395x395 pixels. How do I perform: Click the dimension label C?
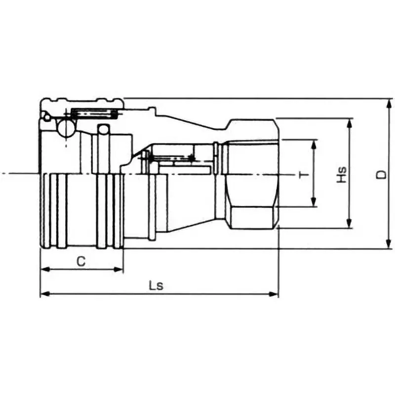(x=82, y=262)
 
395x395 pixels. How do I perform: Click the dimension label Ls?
(x=156, y=286)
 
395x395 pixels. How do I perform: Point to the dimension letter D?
(x=381, y=174)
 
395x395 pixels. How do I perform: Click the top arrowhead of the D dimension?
(x=389, y=102)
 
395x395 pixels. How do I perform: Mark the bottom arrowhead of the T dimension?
(x=314, y=203)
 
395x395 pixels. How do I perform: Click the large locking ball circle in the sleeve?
(x=65, y=127)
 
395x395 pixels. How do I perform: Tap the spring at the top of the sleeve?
(x=94, y=114)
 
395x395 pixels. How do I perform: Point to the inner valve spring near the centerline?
(x=170, y=158)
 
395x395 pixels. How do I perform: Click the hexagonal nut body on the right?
(x=252, y=174)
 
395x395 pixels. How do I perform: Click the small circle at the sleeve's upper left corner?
(x=45, y=117)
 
